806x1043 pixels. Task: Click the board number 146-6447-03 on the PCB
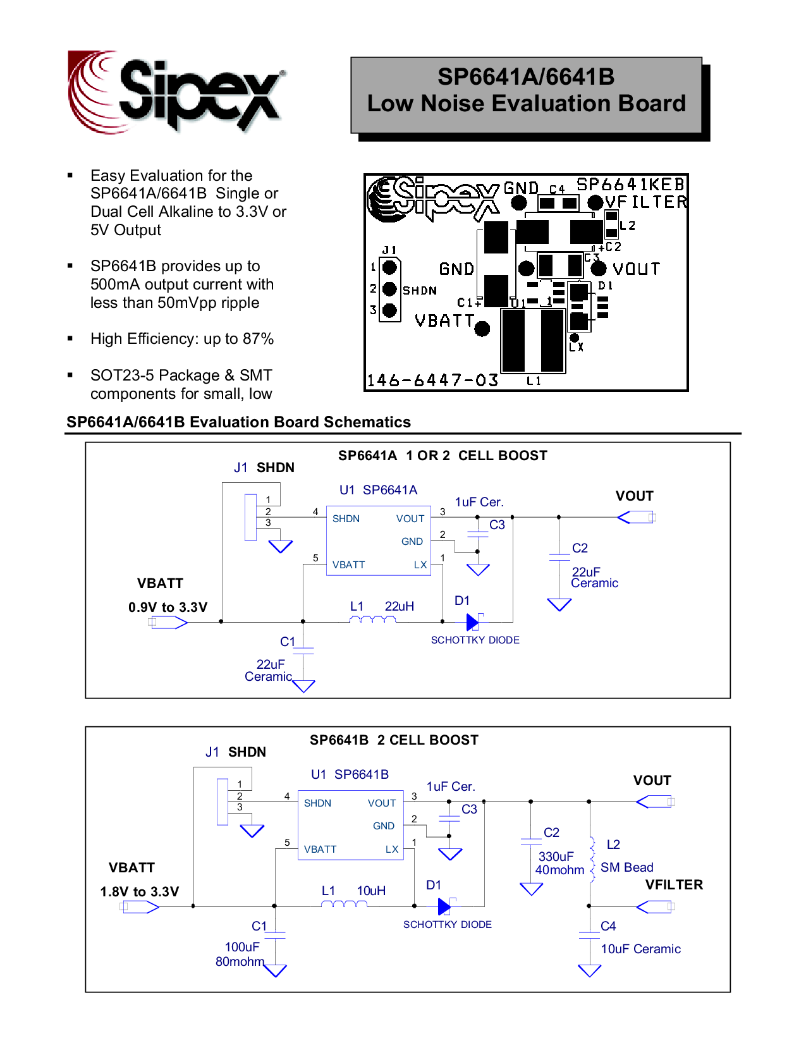point(432,380)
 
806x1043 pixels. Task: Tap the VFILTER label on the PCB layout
point(646,202)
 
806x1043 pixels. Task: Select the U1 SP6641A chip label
point(378,490)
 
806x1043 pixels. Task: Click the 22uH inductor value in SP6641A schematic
point(399,606)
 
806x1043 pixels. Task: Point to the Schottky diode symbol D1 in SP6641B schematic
point(446,906)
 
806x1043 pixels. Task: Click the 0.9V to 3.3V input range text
point(168,607)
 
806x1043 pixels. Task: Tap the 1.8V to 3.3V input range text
point(139,892)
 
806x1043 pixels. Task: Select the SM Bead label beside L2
point(626,867)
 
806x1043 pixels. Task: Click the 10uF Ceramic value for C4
point(640,949)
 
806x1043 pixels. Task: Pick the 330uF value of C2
point(556,857)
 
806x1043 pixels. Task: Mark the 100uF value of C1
point(242,946)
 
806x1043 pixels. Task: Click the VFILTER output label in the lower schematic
point(674,884)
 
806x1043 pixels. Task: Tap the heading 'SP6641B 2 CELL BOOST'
point(394,740)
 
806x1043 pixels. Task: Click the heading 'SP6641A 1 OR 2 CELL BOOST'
point(443,456)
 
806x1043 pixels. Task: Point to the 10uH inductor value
point(371,891)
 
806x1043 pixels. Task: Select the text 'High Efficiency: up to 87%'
point(182,339)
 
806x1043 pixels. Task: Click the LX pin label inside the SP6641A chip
point(420,565)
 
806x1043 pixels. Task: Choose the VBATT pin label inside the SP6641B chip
point(320,849)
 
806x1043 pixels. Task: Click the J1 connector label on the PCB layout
point(389,250)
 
